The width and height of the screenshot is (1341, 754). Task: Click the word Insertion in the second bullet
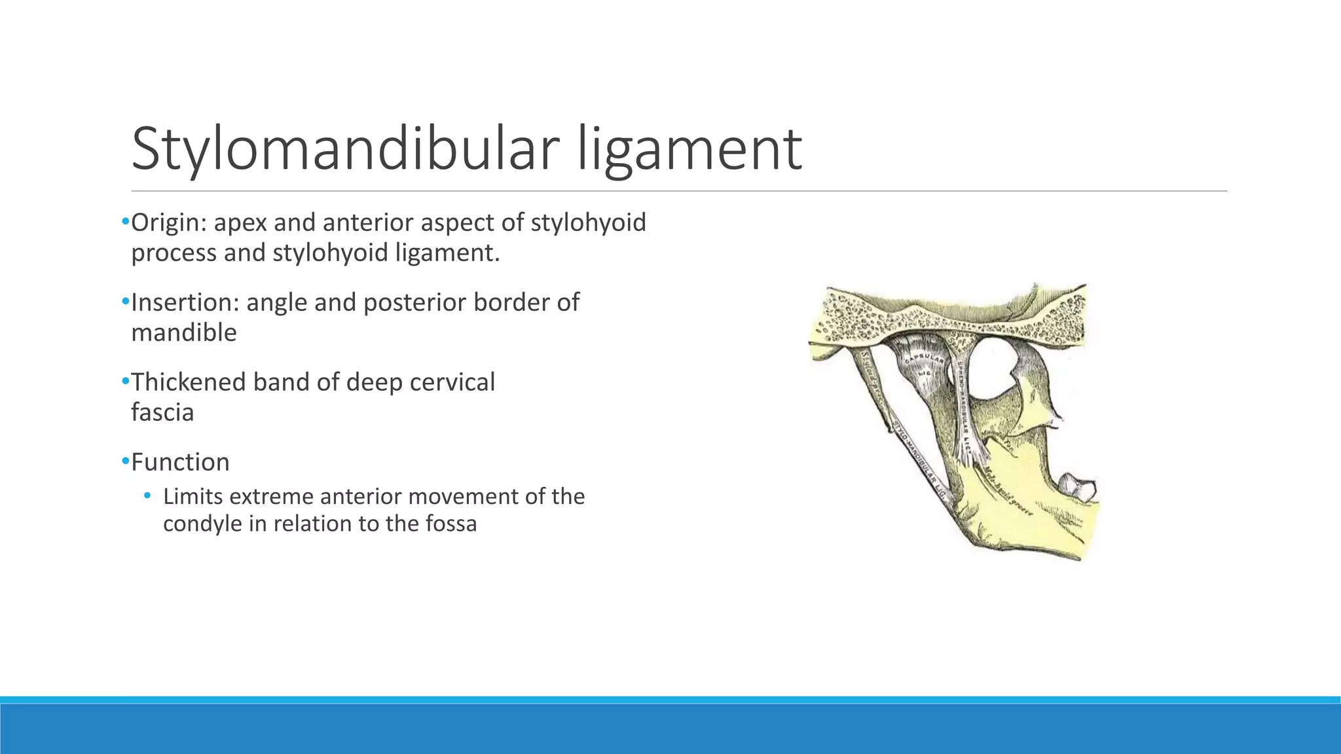(185, 302)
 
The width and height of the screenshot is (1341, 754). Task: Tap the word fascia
(162, 412)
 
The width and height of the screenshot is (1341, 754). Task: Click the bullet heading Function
(180, 462)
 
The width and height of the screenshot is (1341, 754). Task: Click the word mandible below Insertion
(183, 332)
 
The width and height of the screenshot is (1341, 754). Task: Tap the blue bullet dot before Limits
(147, 495)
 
